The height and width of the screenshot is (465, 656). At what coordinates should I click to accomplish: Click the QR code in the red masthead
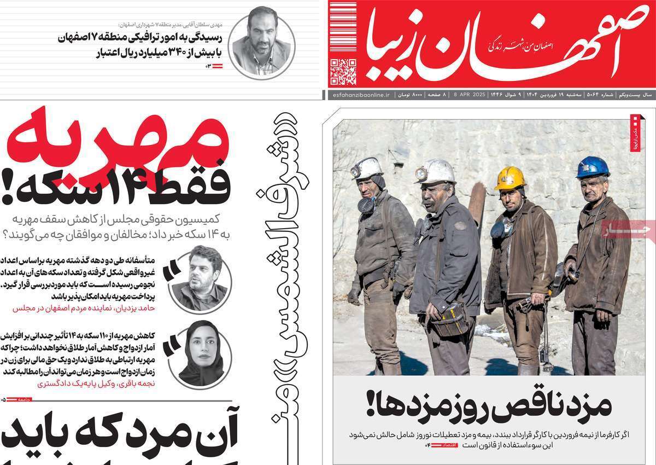343,73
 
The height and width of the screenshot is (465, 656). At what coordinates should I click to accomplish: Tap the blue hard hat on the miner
592,167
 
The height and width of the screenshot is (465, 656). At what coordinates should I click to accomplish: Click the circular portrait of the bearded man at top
261,43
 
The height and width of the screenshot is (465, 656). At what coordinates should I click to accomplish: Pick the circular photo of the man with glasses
200,278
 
